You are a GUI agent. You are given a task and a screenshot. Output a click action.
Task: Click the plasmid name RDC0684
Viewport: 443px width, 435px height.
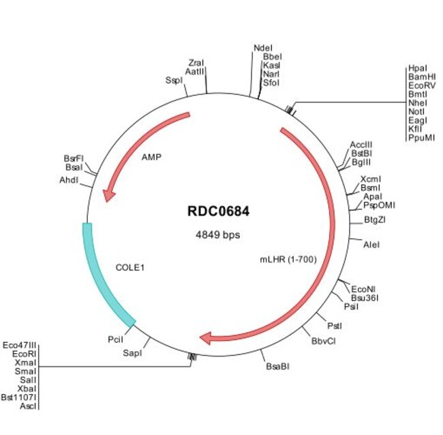(218, 211)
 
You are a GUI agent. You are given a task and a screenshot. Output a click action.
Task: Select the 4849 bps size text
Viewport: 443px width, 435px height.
(218, 234)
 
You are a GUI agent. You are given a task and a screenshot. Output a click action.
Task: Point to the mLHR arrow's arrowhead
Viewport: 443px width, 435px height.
(207, 337)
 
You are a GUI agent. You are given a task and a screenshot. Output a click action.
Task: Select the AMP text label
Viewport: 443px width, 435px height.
(151, 156)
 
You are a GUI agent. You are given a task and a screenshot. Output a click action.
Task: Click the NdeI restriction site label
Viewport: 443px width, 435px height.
(262, 48)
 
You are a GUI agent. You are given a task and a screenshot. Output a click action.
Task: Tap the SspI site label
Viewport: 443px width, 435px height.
(174, 80)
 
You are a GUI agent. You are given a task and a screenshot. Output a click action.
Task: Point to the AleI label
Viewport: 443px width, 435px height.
(371, 244)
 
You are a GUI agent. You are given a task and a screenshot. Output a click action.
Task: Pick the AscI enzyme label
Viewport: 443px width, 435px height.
(29, 406)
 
